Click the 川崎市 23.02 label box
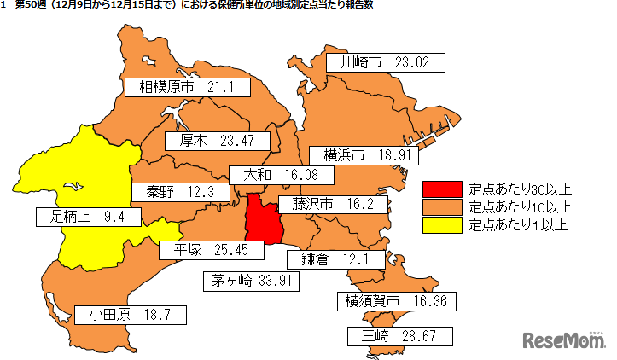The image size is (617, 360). (x=389, y=62)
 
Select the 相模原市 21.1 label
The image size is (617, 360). (x=187, y=87)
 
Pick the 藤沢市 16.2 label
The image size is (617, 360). (x=333, y=205)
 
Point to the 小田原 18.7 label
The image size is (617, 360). (x=130, y=314)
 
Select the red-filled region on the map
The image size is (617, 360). (x=260, y=219)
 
